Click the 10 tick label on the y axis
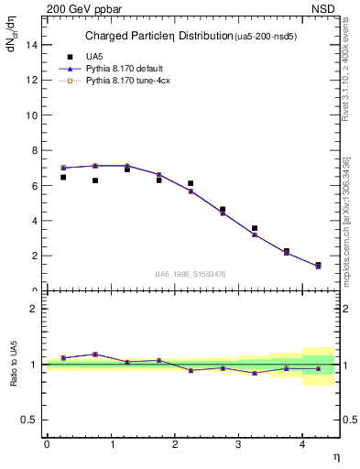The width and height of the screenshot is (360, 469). pos(33,115)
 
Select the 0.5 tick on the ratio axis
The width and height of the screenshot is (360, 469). pos(30,420)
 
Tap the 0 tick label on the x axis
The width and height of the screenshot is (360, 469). pos(47,444)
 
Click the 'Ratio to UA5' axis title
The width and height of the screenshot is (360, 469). pos(14,364)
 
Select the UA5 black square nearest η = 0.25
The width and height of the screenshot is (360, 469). pos(62,177)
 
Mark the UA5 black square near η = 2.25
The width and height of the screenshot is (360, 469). pos(191,183)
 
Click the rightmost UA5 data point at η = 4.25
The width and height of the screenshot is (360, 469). pos(318,265)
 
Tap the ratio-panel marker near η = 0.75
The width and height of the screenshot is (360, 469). pos(94,354)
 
